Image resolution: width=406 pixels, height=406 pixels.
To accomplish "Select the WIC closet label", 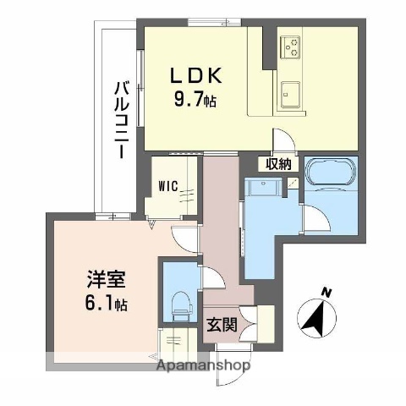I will click(x=166, y=188).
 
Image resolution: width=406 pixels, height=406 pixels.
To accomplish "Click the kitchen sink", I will click(x=292, y=90).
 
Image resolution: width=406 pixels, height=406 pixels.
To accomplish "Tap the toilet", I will click(x=179, y=303).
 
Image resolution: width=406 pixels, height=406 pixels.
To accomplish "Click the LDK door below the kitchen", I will click(x=282, y=140).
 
